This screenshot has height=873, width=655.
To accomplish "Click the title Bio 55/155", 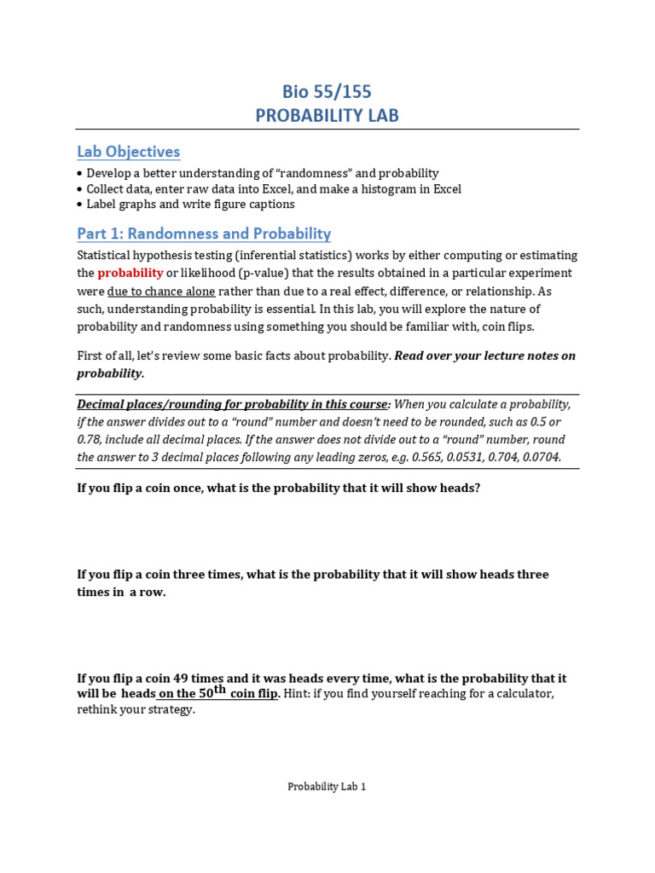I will [x=327, y=91].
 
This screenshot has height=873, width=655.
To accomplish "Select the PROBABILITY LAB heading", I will [x=327, y=115].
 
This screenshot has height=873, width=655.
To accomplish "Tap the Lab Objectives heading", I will [x=129, y=152].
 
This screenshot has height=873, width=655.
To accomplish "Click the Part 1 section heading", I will [x=204, y=234].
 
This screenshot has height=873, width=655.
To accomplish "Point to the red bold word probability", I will [x=130, y=273].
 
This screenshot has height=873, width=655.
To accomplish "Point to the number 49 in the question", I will [x=186, y=679].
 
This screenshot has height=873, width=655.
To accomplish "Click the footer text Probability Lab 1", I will [x=327, y=787].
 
